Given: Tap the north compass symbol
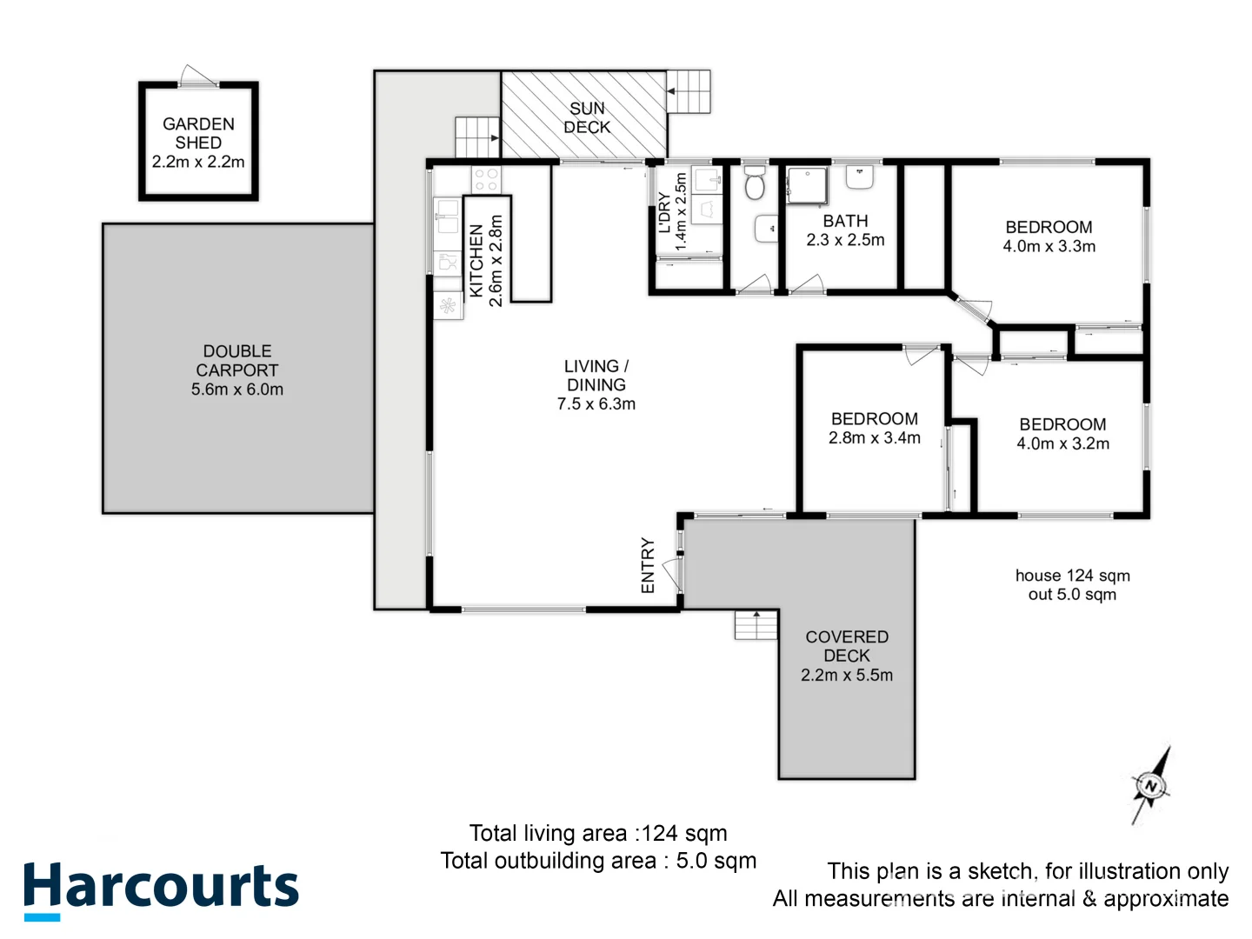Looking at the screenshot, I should (x=1151, y=785).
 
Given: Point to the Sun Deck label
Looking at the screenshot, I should (x=587, y=117).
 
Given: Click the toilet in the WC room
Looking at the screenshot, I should (x=755, y=184).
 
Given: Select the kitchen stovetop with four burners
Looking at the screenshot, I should (x=486, y=180).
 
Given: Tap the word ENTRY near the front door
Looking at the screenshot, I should (x=648, y=565).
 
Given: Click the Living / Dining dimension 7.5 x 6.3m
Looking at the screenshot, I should (x=596, y=403).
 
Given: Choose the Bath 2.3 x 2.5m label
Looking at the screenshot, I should (x=845, y=230).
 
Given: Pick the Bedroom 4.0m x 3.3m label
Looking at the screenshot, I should (x=1049, y=236).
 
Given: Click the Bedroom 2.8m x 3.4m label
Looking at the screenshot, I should (x=874, y=428).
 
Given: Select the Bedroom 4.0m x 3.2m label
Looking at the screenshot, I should (x=1062, y=434).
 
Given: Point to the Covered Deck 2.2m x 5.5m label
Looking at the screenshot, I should (x=847, y=656).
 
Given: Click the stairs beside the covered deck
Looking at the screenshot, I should (x=756, y=625).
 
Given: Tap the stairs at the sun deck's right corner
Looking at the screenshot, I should (x=689, y=91).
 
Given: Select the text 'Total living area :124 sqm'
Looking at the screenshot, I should (x=598, y=833).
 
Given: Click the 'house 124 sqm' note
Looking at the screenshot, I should (x=1072, y=576).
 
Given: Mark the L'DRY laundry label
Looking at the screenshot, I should (x=664, y=213).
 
